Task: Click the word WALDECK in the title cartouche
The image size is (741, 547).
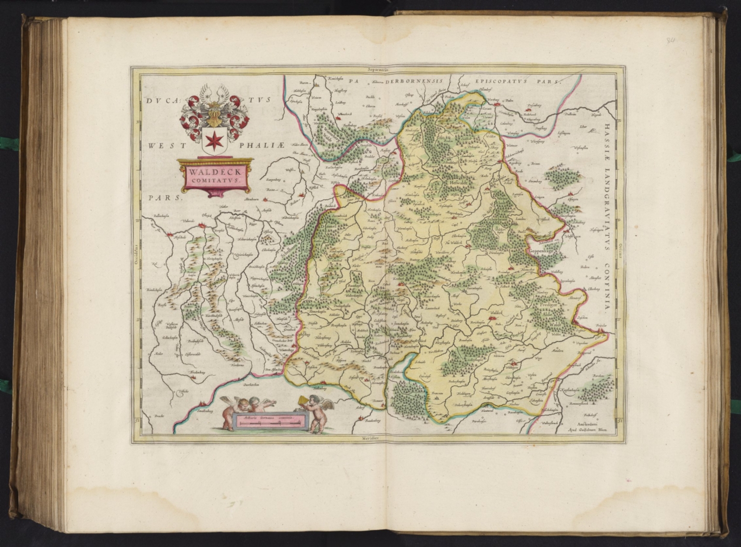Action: [213, 172]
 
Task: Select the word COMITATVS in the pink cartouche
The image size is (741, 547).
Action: [213, 181]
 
